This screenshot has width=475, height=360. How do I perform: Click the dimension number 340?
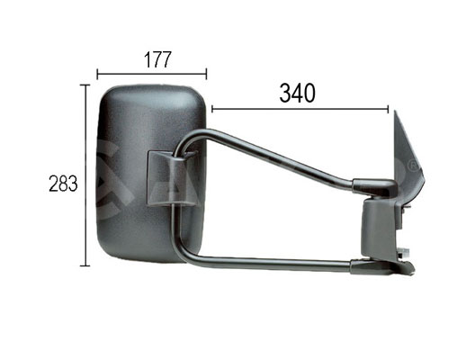click(x=298, y=93)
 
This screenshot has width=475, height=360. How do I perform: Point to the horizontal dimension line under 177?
click(x=152, y=74)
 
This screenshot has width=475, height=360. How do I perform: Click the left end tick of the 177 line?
click(x=97, y=74)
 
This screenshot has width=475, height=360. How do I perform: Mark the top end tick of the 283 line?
click(x=86, y=85)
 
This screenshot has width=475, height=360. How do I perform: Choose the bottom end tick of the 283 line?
click(x=86, y=266)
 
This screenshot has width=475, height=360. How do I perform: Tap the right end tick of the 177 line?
click(x=207, y=74)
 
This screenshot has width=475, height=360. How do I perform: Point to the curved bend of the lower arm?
click(x=180, y=254)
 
